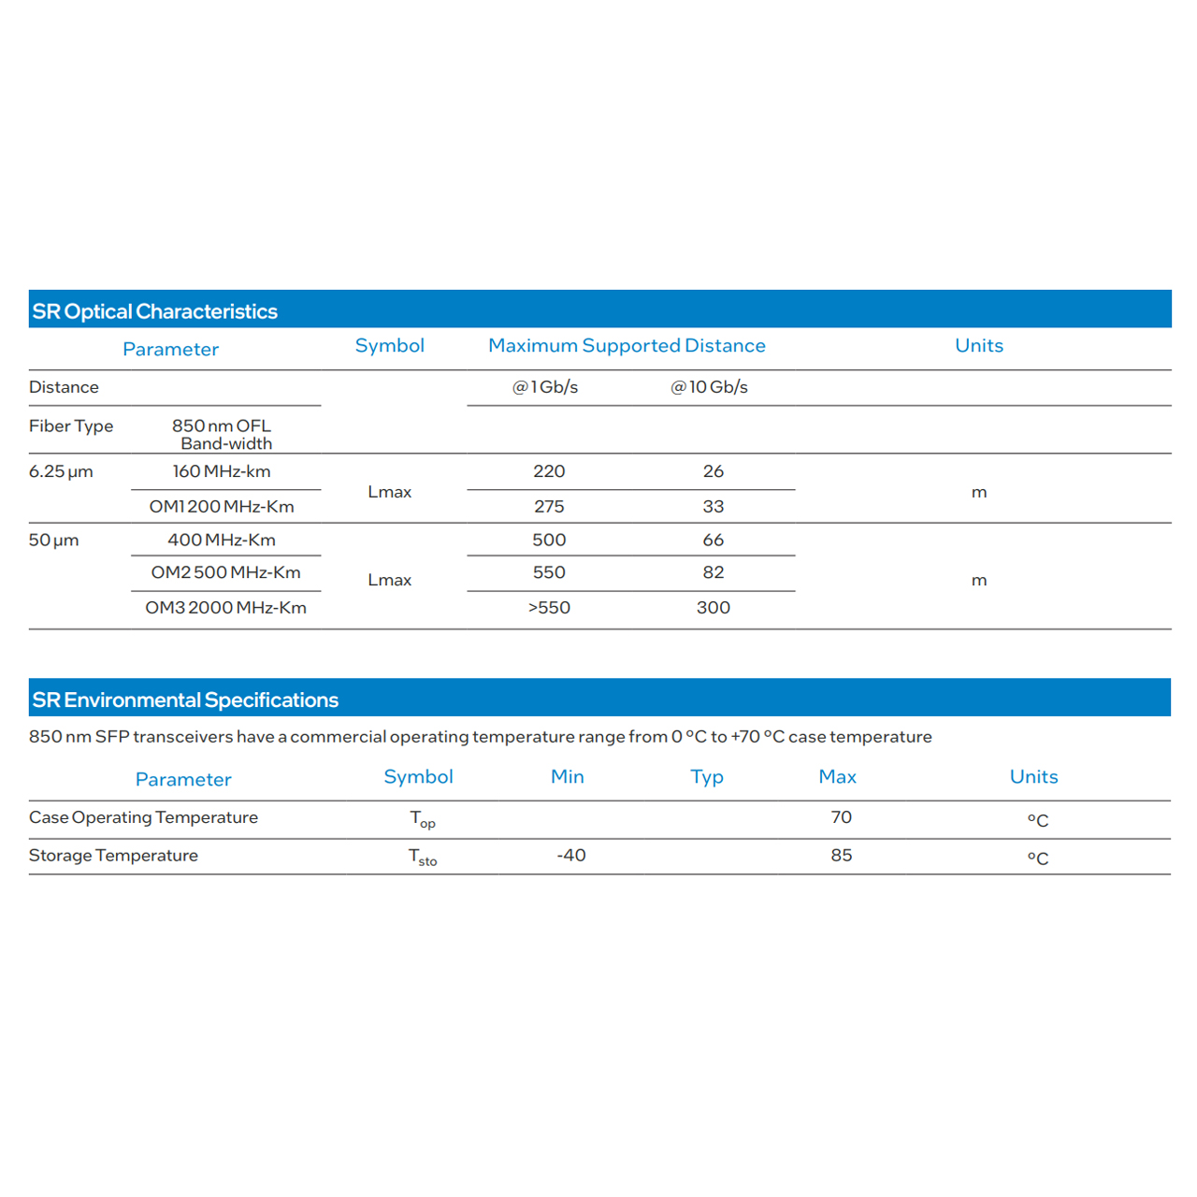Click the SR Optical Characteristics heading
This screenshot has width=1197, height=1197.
(x=155, y=311)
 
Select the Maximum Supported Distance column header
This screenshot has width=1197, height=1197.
(x=627, y=346)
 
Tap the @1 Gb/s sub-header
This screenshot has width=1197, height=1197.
(x=545, y=387)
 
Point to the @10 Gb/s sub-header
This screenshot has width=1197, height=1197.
(x=709, y=387)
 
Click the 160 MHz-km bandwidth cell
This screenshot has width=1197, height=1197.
(x=222, y=471)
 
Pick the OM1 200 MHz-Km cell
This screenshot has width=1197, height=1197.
(x=222, y=507)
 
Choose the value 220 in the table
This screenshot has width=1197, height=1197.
(x=549, y=471)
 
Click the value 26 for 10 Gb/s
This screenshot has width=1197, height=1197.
(x=714, y=471)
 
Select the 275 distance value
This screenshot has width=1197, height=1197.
(x=549, y=507)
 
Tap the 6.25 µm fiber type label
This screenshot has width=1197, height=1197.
(x=61, y=471)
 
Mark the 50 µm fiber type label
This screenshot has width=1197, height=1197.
(x=53, y=541)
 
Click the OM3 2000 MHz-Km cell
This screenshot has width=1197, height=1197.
(x=225, y=608)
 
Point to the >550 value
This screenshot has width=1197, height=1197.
(x=549, y=608)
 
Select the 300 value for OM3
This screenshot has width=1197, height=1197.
(x=714, y=608)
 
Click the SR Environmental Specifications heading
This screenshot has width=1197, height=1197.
(x=185, y=700)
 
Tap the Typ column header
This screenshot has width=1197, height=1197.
(x=707, y=777)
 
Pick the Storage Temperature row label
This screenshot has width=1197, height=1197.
(x=113, y=856)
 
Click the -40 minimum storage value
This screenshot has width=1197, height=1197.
(x=571, y=856)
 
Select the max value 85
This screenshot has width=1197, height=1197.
(x=842, y=856)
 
